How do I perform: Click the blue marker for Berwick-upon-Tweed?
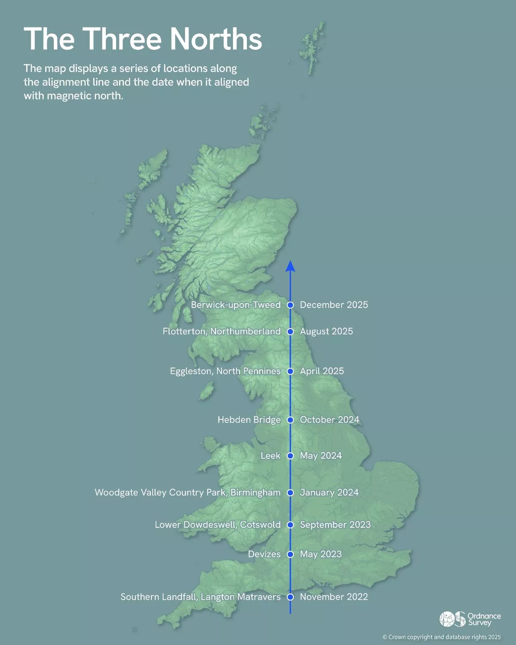point(290,305)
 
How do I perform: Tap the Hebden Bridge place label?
point(249,420)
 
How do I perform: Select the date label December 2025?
point(334,305)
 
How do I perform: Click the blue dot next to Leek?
point(290,456)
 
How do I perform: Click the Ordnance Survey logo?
point(470,619)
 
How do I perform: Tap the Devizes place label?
point(264,554)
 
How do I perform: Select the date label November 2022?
point(334,597)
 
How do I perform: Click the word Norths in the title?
point(215,39)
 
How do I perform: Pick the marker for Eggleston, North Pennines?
point(290,371)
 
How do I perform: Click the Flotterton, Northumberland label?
point(221,332)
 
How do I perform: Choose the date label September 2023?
point(335,525)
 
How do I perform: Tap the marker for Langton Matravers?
point(290,597)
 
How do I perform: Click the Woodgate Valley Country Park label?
point(187,492)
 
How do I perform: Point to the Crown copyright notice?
point(442,637)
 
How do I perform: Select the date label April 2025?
point(322,371)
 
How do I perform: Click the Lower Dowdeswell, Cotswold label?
point(218,525)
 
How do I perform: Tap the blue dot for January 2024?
point(290,492)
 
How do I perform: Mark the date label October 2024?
point(329,420)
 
